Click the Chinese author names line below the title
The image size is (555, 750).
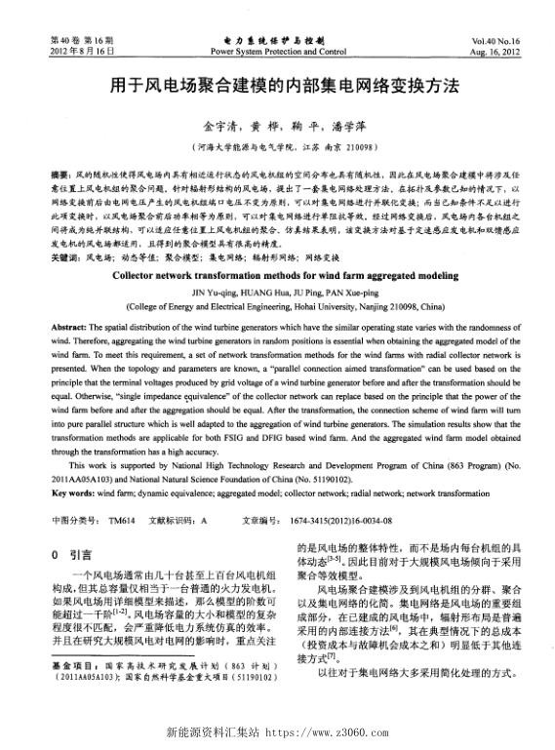278,126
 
